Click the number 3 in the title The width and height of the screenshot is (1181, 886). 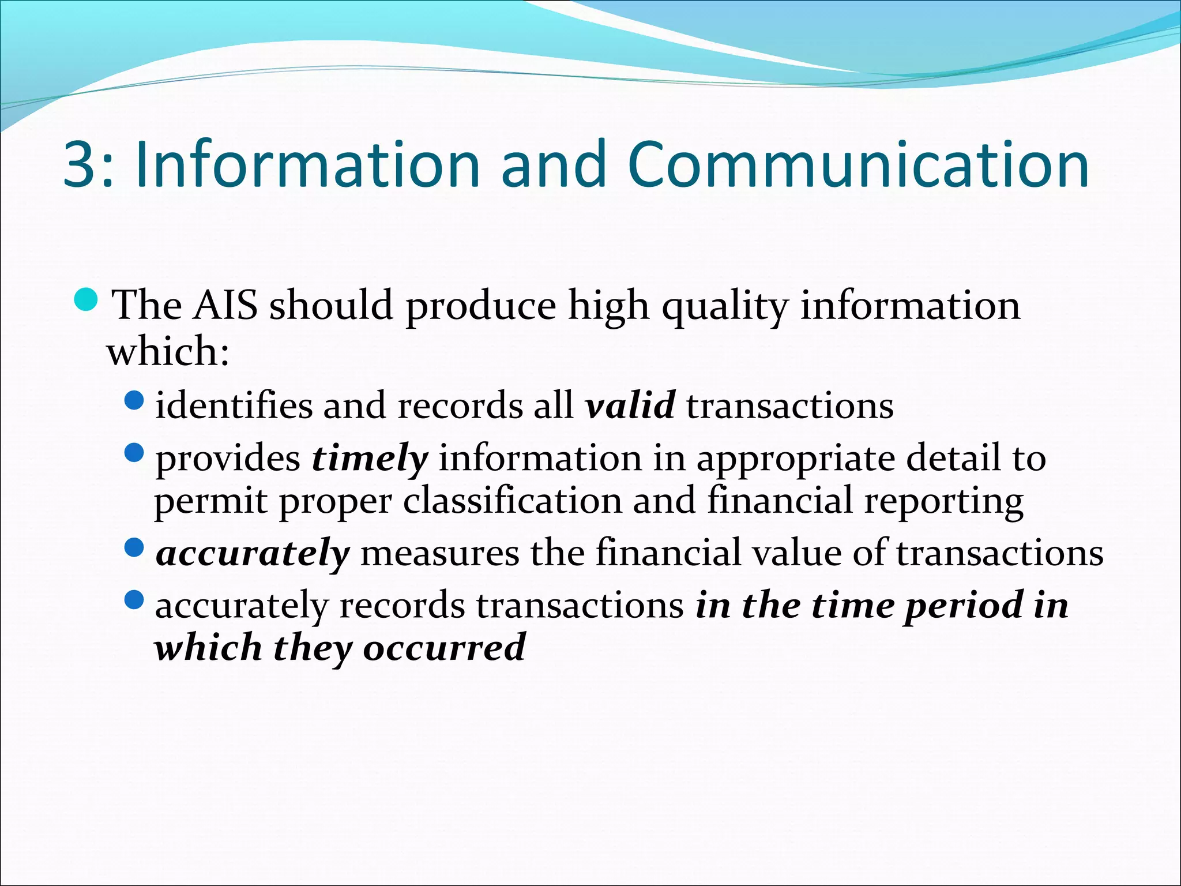79,166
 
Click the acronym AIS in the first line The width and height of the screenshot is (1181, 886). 225,305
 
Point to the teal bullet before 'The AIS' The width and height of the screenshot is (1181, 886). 88,299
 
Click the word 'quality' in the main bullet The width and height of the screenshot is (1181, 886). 724,306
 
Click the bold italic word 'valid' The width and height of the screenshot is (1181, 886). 630,405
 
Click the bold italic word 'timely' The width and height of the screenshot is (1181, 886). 370,459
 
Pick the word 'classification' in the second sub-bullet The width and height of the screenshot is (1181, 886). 512,500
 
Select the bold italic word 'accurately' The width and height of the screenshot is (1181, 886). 253,553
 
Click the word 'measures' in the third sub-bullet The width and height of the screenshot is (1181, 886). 439,553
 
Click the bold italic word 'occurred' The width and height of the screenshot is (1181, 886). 444,648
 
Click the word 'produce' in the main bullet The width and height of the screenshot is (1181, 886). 480,306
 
